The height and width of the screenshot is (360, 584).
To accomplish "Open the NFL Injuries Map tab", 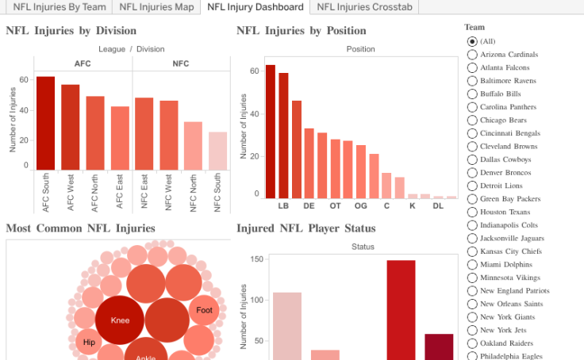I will (x=157, y=7).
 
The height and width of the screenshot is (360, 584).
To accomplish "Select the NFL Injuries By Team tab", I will (x=60, y=7).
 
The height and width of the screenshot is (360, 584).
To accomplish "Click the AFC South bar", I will (x=46, y=123).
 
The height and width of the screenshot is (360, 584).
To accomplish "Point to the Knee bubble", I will (x=120, y=320).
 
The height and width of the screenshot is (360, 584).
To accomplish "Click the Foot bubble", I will (x=204, y=310).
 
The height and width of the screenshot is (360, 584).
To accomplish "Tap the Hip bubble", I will (x=89, y=343).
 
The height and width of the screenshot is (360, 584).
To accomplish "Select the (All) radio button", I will (x=473, y=41).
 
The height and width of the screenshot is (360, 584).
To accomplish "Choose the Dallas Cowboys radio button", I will (x=473, y=159).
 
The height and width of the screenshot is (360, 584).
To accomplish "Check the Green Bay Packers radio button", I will (x=473, y=199).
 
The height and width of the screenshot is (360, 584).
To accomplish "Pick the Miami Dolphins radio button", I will (x=473, y=265).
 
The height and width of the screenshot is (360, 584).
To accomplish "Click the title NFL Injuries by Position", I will (x=302, y=31).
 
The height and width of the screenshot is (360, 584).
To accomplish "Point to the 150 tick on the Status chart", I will (x=257, y=259).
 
